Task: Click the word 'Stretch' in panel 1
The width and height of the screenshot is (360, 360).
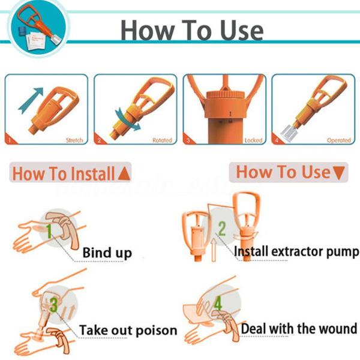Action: [74, 140]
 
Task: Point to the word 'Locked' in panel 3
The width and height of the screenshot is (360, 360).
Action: [253, 140]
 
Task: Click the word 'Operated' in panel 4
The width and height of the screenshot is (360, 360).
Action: [338, 140]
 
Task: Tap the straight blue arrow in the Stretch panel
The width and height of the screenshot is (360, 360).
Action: [31, 99]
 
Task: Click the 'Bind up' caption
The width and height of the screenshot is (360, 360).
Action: [107, 253]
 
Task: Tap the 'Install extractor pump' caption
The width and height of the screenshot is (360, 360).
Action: [296, 251]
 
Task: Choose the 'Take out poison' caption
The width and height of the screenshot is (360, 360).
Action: [128, 330]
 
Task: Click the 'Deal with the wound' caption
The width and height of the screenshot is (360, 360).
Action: [299, 329]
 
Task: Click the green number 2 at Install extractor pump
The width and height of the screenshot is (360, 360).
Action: [221, 228]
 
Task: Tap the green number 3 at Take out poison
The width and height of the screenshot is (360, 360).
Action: [53, 305]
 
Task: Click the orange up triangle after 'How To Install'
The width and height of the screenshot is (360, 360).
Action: [124, 175]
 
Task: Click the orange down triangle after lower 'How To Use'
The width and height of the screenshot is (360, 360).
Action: [339, 173]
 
